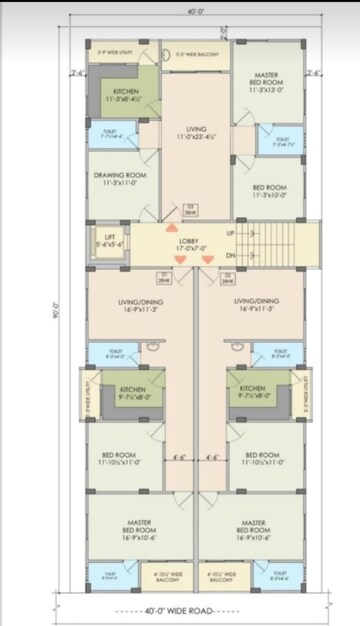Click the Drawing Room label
pyautogui.click(x=121, y=179)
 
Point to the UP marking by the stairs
pyautogui.click(x=231, y=233)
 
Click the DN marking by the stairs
pyautogui.click(x=231, y=257)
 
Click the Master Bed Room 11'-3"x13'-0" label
pyautogui.click(x=266, y=81)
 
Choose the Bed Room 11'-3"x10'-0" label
pyautogui.click(x=265, y=190)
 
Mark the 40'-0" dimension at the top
pyautogui.click(x=180, y=11)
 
